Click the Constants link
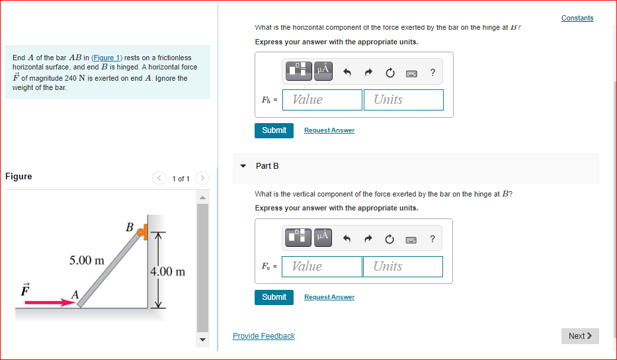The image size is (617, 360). coord(577,18)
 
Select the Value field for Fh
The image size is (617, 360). coord(322,100)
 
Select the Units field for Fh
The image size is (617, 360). coord(403,100)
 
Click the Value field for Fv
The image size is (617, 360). coord(321,267)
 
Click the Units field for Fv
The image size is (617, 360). coord(403,267)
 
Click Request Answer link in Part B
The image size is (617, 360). coord(329,297)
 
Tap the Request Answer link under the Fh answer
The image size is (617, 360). coord(329,130)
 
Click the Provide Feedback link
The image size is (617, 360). coord(263,336)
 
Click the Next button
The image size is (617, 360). coord(580,336)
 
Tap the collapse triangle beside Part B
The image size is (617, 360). coord(243,165)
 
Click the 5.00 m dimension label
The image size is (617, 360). coord(87,261)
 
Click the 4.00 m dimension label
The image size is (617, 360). coord(168,272)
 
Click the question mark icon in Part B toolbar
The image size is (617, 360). coord(432,239)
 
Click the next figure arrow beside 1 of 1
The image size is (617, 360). coord(202,178)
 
